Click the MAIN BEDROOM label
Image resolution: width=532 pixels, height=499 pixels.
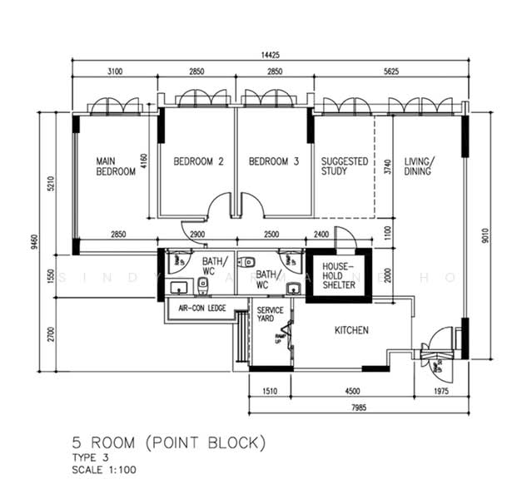tap(116, 166)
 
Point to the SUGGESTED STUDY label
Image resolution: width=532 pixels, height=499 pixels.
tap(345, 166)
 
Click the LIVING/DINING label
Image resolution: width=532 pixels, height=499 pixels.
tap(420, 166)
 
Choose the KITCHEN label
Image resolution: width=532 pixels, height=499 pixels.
tap(351, 331)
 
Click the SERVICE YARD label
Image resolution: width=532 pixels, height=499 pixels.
tap(270, 315)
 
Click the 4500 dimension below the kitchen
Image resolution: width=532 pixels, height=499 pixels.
tap(352, 388)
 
